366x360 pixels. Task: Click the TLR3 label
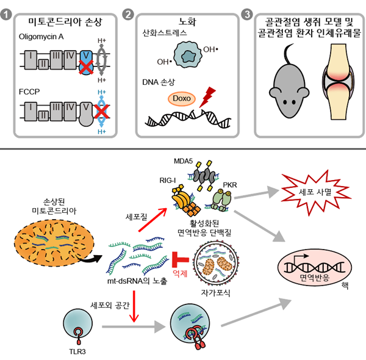[76, 351]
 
